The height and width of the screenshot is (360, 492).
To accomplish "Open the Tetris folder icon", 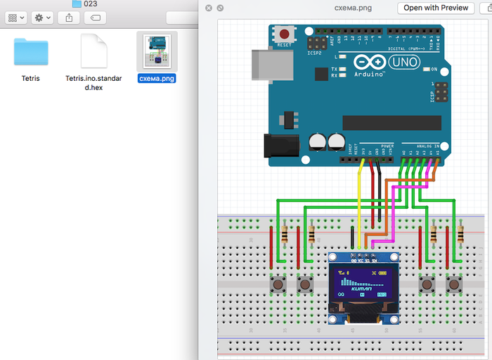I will click(x=31, y=52).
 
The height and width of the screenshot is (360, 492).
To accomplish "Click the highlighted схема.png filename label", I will click(x=157, y=79).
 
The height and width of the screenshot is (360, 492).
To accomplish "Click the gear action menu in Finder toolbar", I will click(x=43, y=17).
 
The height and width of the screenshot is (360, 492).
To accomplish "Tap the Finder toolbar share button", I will click(x=69, y=17).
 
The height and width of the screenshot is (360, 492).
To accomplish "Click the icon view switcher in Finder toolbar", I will click(x=16, y=17).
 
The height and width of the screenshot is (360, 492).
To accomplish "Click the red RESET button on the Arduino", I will click(x=285, y=34).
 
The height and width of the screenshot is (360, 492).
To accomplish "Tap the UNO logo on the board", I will click(x=403, y=63).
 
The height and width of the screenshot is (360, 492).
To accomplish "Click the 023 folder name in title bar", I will click(x=90, y=4).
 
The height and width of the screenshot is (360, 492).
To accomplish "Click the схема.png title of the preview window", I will click(x=354, y=8).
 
